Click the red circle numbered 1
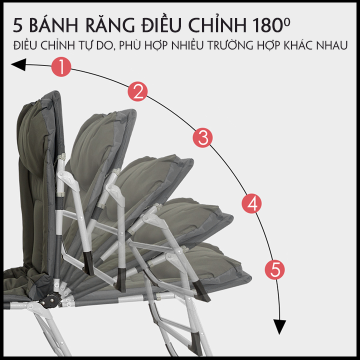[61, 67]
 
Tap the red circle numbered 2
[137, 91]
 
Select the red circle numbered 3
[202, 138]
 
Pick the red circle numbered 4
[251, 203]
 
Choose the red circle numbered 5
[274, 269]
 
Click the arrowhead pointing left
[18, 64]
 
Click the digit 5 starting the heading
[17, 25]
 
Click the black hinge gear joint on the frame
[51, 301]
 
